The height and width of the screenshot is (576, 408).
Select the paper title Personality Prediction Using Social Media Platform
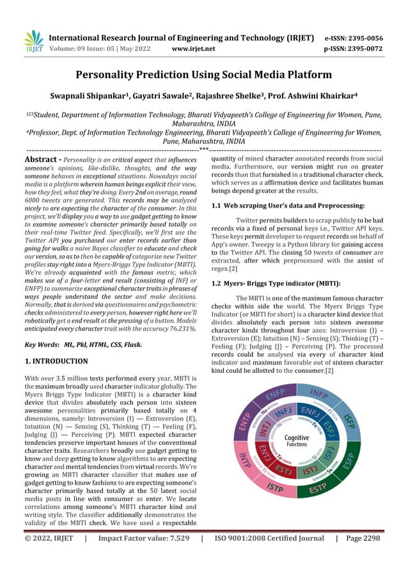click(204, 75)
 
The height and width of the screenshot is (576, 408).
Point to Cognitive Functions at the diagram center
click(296, 440)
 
